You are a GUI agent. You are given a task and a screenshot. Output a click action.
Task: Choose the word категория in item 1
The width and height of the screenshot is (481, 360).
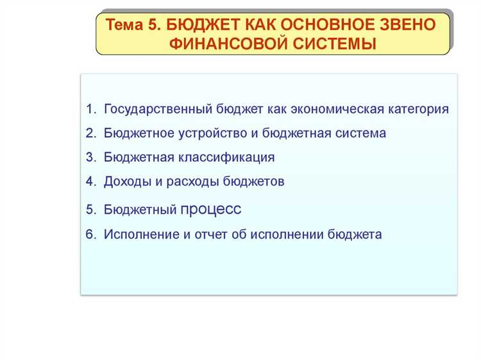tap(418, 109)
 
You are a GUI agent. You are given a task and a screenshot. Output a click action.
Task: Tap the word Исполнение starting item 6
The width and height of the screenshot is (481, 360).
tap(139, 234)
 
